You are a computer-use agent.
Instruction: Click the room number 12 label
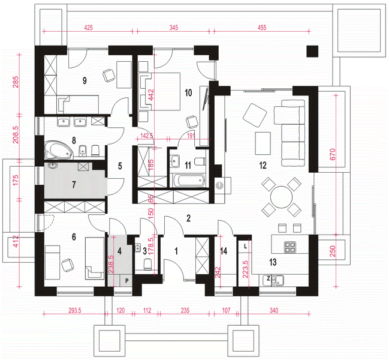[x=263, y=165]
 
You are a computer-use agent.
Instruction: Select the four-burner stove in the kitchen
[x=290, y=247]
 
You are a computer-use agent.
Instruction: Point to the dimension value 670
[x=333, y=154]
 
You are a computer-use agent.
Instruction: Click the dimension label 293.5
[x=75, y=310]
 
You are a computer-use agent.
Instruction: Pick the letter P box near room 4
[x=127, y=281]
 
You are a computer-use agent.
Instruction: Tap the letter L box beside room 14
[x=245, y=247]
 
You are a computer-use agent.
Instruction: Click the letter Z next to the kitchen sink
[x=268, y=278]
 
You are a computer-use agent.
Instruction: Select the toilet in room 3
[x=148, y=264]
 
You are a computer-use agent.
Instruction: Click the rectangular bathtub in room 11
[x=188, y=180]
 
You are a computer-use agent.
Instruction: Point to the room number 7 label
[x=74, y=184]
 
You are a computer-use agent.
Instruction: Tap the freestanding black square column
[x=312, y=52]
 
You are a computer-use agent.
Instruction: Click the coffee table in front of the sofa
[x=263, y=143]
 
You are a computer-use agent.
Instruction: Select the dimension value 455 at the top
[x=262, y=28]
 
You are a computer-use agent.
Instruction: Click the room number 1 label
[x=176, y=251]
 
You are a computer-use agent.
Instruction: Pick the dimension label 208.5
[x=16, y=134]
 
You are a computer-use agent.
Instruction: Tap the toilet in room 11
[x=200, y=162]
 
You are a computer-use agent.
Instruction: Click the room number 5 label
[x=120, y=166]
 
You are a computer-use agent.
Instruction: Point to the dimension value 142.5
[x=147, y=136]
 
